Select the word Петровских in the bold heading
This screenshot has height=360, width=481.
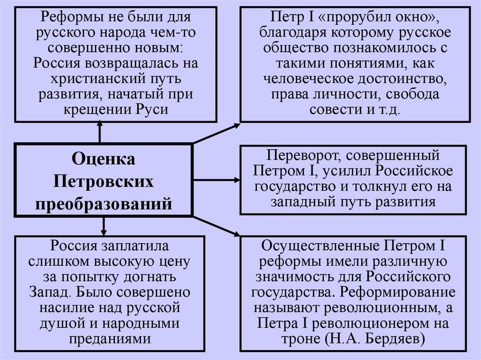pos(103,182)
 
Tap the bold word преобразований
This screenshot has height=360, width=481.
pos(103,204)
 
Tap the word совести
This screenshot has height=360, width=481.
pos(335,110)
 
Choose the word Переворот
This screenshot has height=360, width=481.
pos(304,155)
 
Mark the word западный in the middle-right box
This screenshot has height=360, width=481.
pos(303,202)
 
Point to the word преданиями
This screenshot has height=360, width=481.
pos(110,339)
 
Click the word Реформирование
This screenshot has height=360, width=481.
pos(398,292)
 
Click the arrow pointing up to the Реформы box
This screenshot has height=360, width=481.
pos(100,132)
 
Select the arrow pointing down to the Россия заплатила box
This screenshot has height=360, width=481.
pos(104,226)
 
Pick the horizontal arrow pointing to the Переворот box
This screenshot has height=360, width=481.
pos(216,180)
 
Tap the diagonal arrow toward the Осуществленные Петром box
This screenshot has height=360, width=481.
pos(216,226)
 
